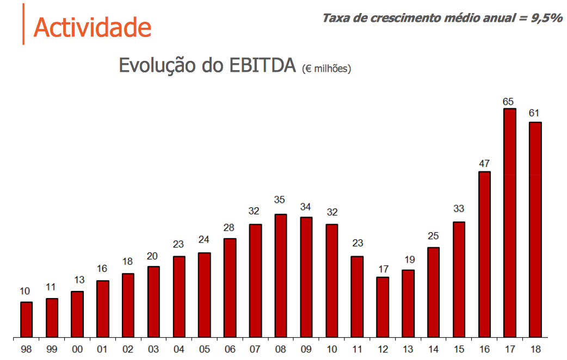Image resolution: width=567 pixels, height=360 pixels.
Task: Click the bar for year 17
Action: tap(509, 223)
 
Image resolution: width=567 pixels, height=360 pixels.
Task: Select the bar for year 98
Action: tap(26, 320)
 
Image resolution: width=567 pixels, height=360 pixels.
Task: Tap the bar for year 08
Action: tap(281, 276)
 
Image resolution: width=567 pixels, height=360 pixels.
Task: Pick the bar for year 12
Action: tap(383, 307)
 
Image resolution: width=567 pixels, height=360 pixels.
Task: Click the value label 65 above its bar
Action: tap(509, 101)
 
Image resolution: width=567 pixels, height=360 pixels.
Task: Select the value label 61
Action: tap(535, 114)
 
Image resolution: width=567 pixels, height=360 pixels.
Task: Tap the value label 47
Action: tap(484, 164)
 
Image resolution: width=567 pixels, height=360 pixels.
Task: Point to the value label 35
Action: tap(281, 200)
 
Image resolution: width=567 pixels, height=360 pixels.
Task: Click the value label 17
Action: tap(383, 269)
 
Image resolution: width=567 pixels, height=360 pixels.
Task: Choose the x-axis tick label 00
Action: tap(77, 349)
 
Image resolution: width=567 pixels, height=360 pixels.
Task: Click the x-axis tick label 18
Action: tap(535, 349)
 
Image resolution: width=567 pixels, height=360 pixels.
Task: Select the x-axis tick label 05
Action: tap(204, 349)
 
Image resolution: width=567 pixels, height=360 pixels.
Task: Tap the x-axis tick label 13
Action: tap(408, 349)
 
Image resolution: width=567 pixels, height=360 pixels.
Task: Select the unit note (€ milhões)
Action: tap(326, 69)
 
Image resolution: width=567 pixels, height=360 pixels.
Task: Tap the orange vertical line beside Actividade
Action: tap(23, 24)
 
